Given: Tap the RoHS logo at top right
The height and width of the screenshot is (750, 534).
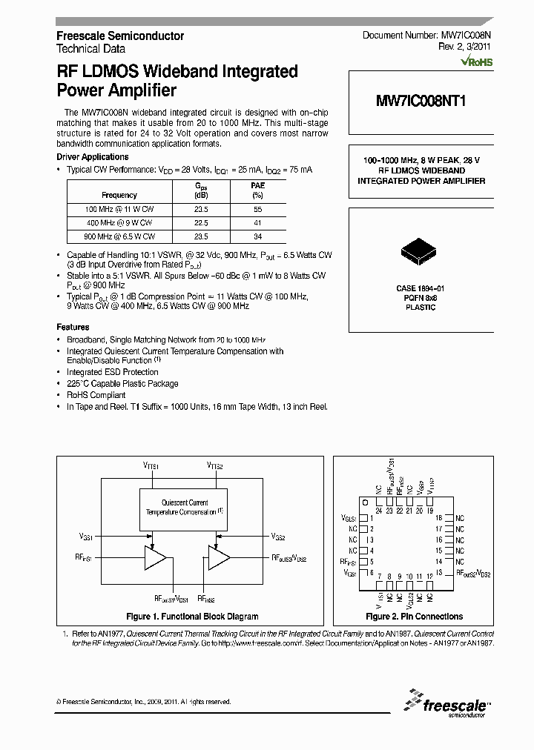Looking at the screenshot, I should coord(476,62).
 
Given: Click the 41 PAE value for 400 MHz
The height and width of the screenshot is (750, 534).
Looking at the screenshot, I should coord(257,222).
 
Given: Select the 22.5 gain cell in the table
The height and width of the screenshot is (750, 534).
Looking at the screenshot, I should coord(200,222).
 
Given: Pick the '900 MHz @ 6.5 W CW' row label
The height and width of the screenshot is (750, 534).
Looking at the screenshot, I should coord(120,236).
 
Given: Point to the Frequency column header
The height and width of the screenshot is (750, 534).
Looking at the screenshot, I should coord(119,195).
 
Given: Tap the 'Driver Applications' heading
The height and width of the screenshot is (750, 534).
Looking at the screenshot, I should coord(93,157).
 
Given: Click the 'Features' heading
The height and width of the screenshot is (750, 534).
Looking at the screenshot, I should coord(73,327).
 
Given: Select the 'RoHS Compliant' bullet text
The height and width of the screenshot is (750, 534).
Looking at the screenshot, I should coord(96,395).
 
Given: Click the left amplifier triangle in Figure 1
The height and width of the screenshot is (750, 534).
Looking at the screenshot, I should coord(156,557).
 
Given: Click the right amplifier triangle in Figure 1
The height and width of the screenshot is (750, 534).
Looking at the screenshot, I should coord(219,557).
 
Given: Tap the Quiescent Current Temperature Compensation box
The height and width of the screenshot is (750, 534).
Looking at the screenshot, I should coord(185,508).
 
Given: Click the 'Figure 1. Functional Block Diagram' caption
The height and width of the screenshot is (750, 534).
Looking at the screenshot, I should coord(192,617).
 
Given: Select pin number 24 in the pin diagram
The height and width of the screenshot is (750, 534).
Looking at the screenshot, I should coord(379,511).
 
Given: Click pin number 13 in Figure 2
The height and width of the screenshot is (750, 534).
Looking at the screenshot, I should coord(439,572).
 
